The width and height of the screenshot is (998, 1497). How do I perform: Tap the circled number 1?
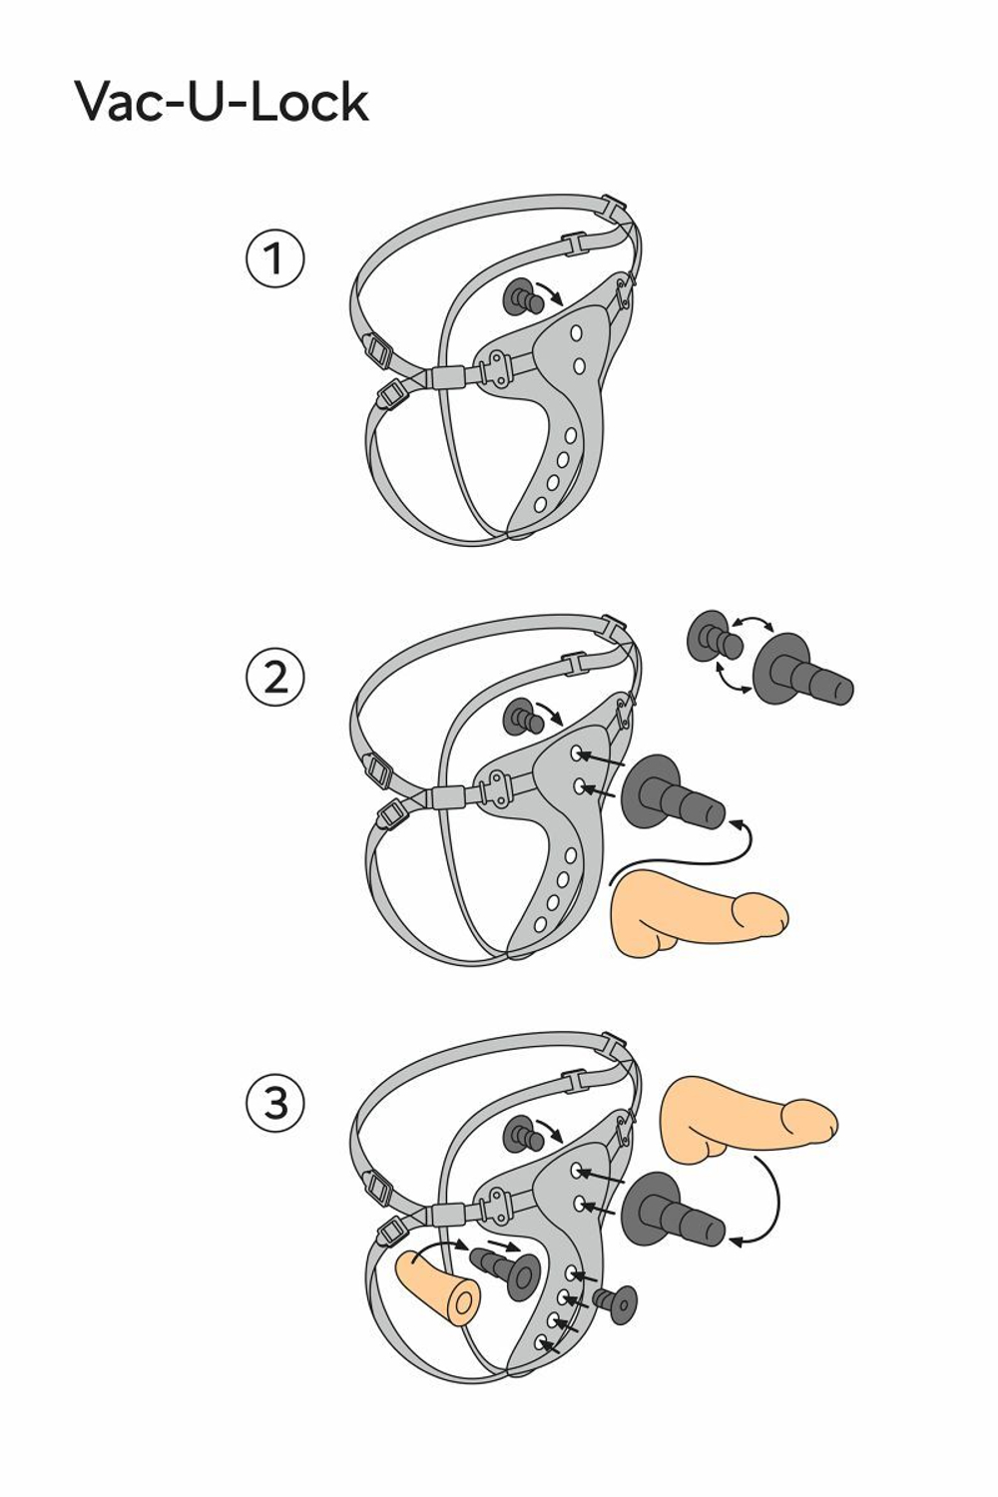(274, 259)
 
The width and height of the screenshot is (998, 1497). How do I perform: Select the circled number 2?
(274, 678)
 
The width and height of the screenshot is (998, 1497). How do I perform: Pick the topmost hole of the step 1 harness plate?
(576, 332)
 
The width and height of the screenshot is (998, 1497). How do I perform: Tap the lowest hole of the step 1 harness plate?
(540, 504)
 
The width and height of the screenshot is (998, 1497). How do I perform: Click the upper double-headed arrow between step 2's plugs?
(752, 622)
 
